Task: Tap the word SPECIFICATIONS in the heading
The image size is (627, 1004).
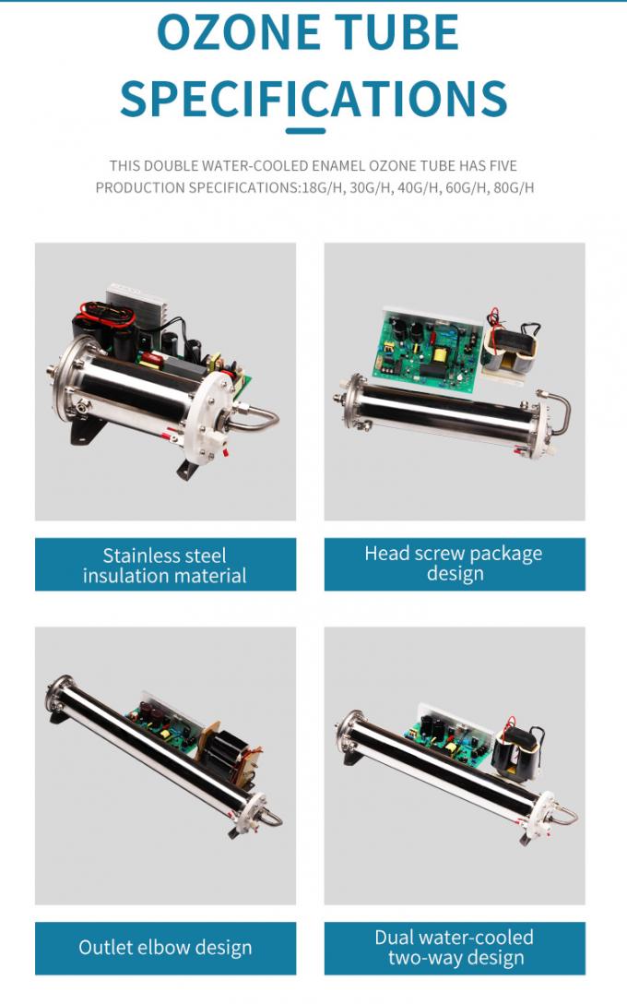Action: [x=313, y=98]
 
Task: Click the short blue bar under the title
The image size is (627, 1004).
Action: [x=305, y=131]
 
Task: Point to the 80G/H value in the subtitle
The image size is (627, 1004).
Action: [x=514, y=187]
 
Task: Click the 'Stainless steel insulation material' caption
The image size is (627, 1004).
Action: [x=165, y=565]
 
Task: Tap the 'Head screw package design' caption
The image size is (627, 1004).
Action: [x=455, y=563]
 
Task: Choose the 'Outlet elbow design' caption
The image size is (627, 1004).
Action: [x=165, y=947]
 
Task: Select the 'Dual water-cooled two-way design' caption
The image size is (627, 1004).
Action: [x=455, y=947]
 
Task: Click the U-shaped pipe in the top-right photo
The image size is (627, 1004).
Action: [x=558, y=411]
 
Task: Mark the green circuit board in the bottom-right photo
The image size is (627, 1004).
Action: [x=448, y=736]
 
